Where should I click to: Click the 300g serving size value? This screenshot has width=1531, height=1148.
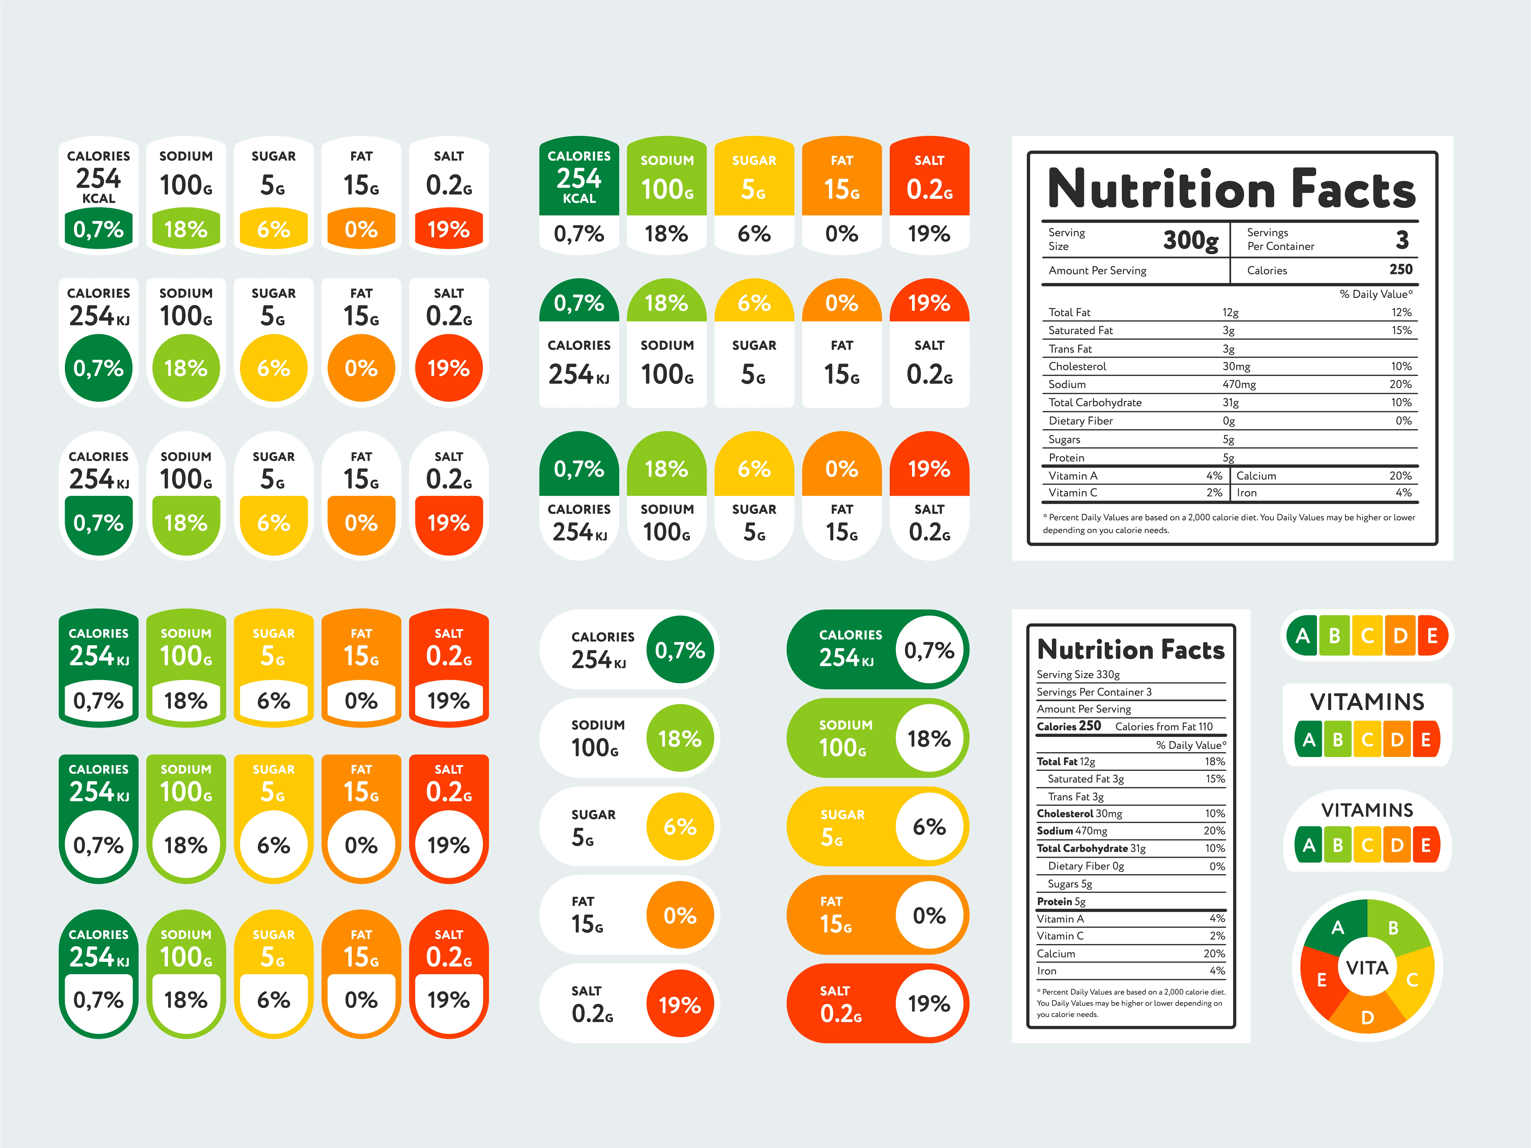coord(1190,240)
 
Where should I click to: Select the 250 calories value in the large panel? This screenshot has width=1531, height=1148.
coord(1401,269)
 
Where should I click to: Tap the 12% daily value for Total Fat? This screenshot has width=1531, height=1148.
coord(1402,312)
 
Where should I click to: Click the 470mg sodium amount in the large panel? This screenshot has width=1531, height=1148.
coord(1239,384)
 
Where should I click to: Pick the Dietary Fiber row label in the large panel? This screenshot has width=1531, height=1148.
coord(1080,421)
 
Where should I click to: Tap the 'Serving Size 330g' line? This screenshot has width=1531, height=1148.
coord(1078,674)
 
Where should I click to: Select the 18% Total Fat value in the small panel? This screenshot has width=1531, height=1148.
coord(1215,761)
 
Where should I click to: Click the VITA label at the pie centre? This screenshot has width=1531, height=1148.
coord(1367,967)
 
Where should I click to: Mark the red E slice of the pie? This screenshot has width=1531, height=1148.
coord(1321,979)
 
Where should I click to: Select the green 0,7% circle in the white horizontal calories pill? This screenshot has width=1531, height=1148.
coord(680,650)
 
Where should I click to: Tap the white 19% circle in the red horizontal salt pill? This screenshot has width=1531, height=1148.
coord(929,1003)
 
